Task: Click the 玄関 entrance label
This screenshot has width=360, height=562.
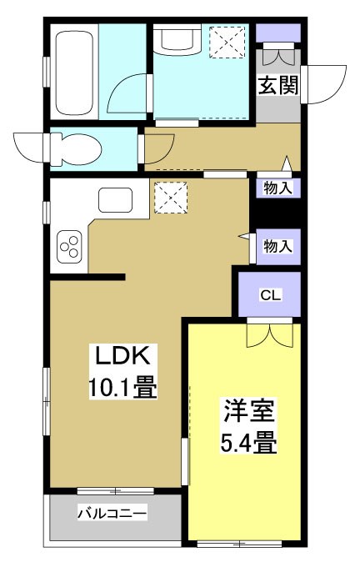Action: pyautogui.click(x=277, y=87)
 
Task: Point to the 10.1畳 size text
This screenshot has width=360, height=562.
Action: pyautogui.click(x=122, y=388)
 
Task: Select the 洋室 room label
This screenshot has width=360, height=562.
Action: pyautogui.click(x=247, y=412)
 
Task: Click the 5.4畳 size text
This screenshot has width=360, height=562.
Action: pyautogui.click(x=247, y=442)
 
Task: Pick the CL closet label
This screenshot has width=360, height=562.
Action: pyautogui.click(x=270, y=294)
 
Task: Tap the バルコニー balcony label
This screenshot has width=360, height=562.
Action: pyautogui.click(x=112, y=514)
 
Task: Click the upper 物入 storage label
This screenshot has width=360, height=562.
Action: pyautogui.click(x=277, y=188)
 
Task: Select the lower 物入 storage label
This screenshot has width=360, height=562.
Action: pyautogui.click(x=277, y=245)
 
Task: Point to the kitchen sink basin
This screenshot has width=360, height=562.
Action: pyautogui.click(x=115, y=200)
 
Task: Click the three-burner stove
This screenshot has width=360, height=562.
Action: pyautogui.click(x=69, y=246)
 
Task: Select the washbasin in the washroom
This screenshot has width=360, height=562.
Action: pyautogui.click(x=177, y=40)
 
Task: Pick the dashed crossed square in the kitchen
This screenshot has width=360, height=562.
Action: pyautogui.click(x=170, y=198)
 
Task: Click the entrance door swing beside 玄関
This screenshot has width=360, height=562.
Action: pyautogui.click(x=323, y=80)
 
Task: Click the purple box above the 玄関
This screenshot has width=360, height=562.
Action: pyautogui.click(x=277, y=34)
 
